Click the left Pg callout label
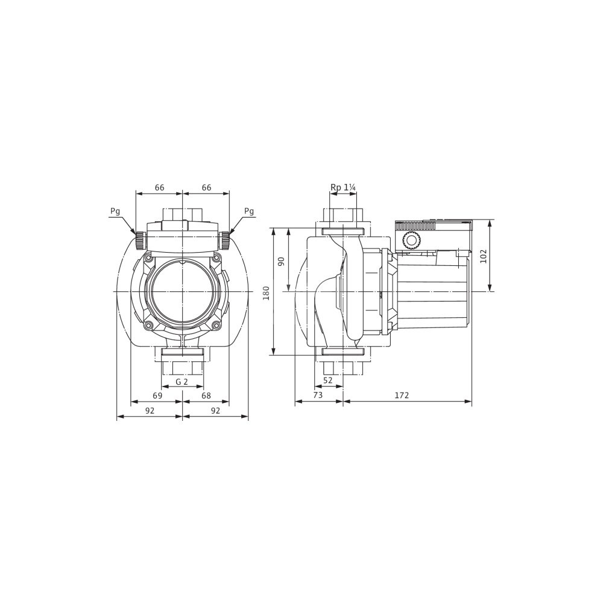coord(115,211)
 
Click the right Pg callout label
coord(249,211)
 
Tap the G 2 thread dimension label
coord(182,382)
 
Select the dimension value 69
coord(157,396)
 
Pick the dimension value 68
coord(206,396)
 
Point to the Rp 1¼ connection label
coord(343,188)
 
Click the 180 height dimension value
coord(267,293)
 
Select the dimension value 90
coord(281,262)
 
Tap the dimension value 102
coord(484,256)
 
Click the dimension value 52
coord(327,380)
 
